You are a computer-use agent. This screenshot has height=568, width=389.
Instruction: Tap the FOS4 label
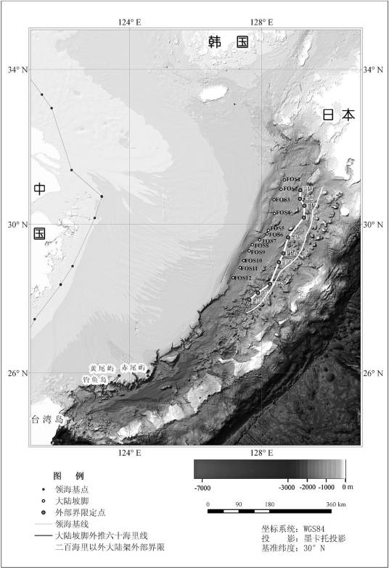pyautogui.click(x=282, y=213)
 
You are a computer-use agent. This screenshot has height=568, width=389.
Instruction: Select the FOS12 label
pyautogui.click(x=243, y=278)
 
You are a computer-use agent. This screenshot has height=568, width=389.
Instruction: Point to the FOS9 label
pyautogui.click(x=258, y=252)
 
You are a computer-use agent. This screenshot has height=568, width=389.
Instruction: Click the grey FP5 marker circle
pyautogui.click(x=288, y=238)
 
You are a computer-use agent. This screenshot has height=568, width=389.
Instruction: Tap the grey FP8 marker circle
pyautogui.click(x=258, y=293)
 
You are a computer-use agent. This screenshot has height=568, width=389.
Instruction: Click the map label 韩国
pyautogui.click(x=227, y=42)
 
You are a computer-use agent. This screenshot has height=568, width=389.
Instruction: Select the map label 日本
pyautogui.click(x=339, y=114)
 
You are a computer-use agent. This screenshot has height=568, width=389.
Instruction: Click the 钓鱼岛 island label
pyautogui.click(x=95, y=379)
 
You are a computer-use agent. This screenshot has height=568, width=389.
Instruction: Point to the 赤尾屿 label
pyautogui.click(x=134, y=368)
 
